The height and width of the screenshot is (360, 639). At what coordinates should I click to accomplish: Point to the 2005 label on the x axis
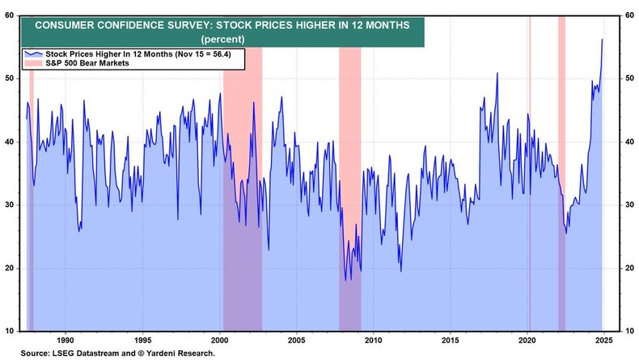296,341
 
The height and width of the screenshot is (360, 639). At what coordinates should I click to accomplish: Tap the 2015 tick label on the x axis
451,341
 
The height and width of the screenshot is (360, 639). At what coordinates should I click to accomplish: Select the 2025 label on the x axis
603,341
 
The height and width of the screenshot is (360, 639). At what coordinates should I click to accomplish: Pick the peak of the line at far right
602,39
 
